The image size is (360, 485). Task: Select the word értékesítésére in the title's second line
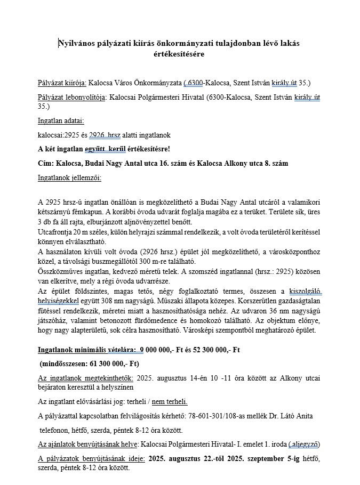[181, 54]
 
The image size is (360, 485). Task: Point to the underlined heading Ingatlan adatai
[61, 121]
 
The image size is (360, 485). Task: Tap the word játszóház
[56, 320]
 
